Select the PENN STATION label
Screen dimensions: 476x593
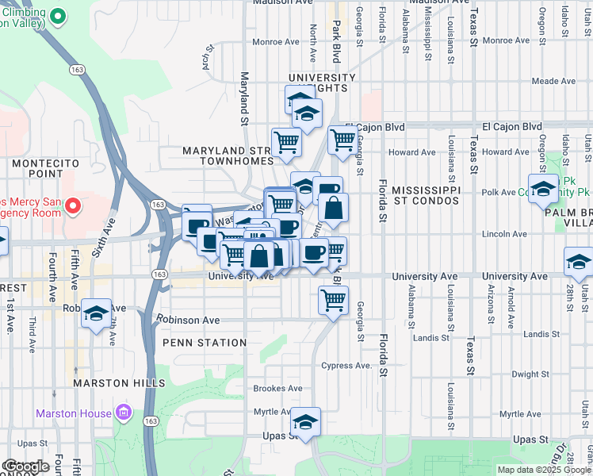tap(205, 343)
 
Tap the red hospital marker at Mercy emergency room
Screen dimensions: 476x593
tap(73, 207)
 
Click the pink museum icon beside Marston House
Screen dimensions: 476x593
tap(122, 413)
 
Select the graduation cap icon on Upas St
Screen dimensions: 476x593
tap(304, 422)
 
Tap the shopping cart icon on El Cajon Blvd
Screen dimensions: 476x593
tap(342, 140)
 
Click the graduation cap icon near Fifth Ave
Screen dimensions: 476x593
tap(96, 314)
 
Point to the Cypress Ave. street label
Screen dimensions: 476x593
tap(346, 366)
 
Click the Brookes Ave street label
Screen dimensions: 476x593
tap(277, 389)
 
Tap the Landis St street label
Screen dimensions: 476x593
tap(431, 338)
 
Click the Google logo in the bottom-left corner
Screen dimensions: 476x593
tap(26, 466)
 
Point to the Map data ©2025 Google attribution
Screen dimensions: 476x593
tap(543, 470)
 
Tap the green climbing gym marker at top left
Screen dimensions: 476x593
tap(57, 15)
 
